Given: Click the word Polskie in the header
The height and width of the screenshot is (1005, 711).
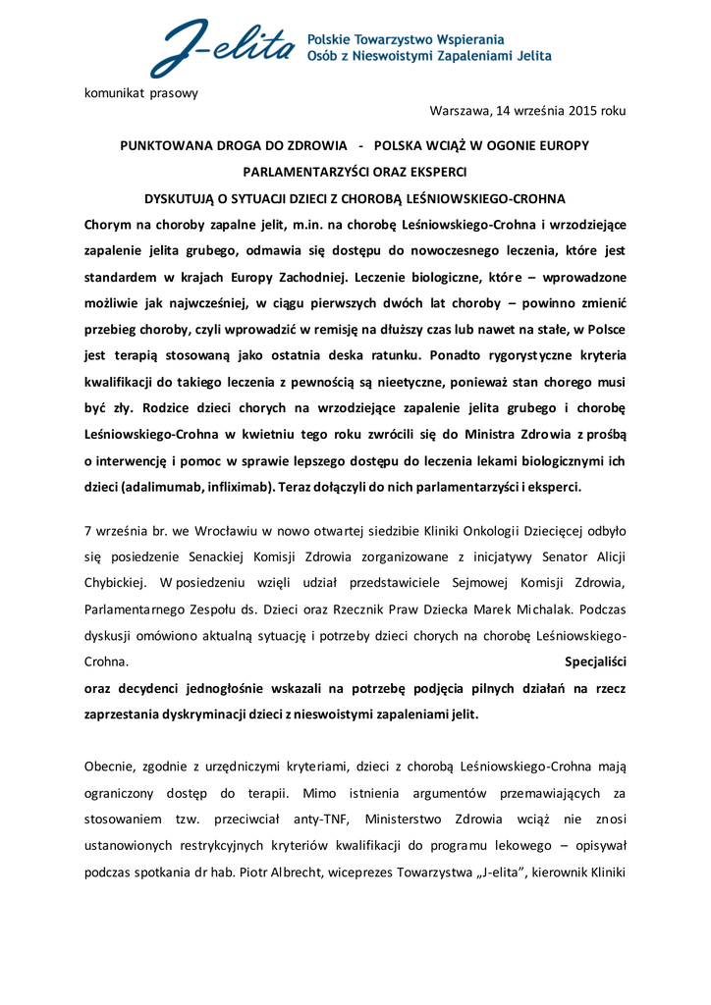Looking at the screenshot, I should pos(332,39).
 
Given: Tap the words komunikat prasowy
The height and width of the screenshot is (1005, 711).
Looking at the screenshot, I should pos(141,93).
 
